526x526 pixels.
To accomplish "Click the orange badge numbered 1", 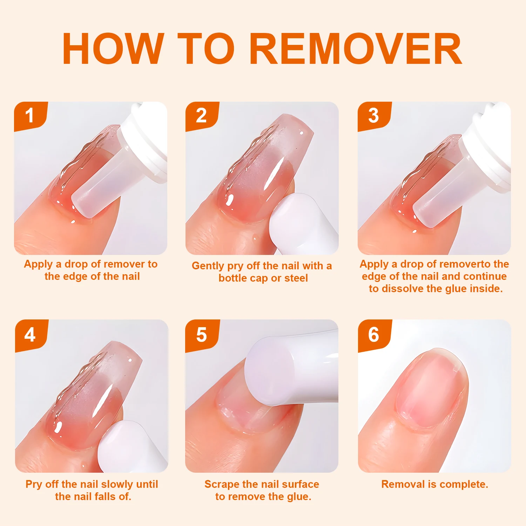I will click(x=30, y=116).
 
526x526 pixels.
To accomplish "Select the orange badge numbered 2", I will click(x=201, y=116).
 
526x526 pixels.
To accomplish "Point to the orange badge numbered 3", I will click(x=373, y=116).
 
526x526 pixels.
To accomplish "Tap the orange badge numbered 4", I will click(x=30, y=335).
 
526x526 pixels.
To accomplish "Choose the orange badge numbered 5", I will click(x=202, y=335).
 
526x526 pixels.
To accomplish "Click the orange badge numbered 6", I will click(x=374, y=335).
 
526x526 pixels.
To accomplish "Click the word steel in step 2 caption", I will click(x=296, y=278).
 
